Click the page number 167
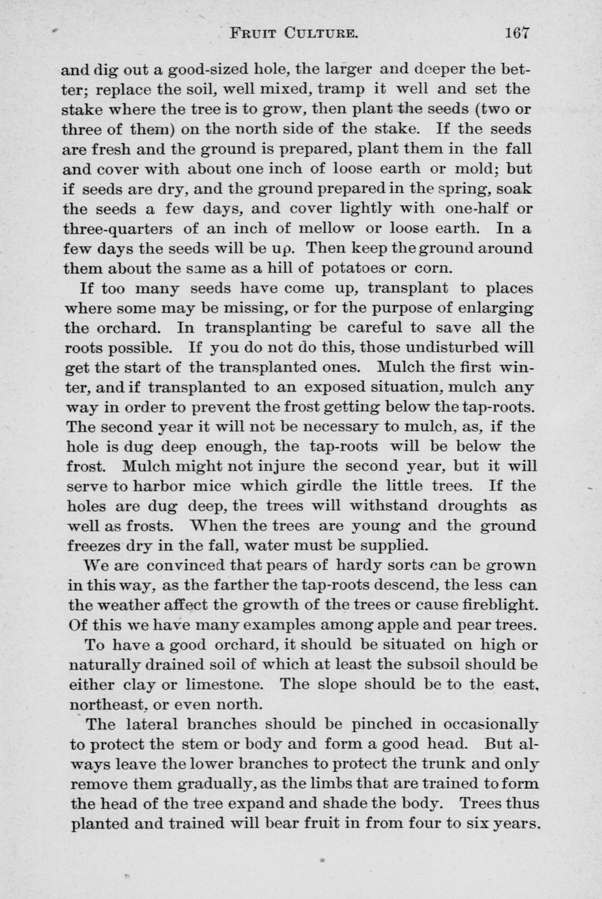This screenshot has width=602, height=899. pos(517,33)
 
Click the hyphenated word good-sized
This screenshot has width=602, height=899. pos(207,69)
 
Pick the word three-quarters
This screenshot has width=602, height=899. pos(114,229)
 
